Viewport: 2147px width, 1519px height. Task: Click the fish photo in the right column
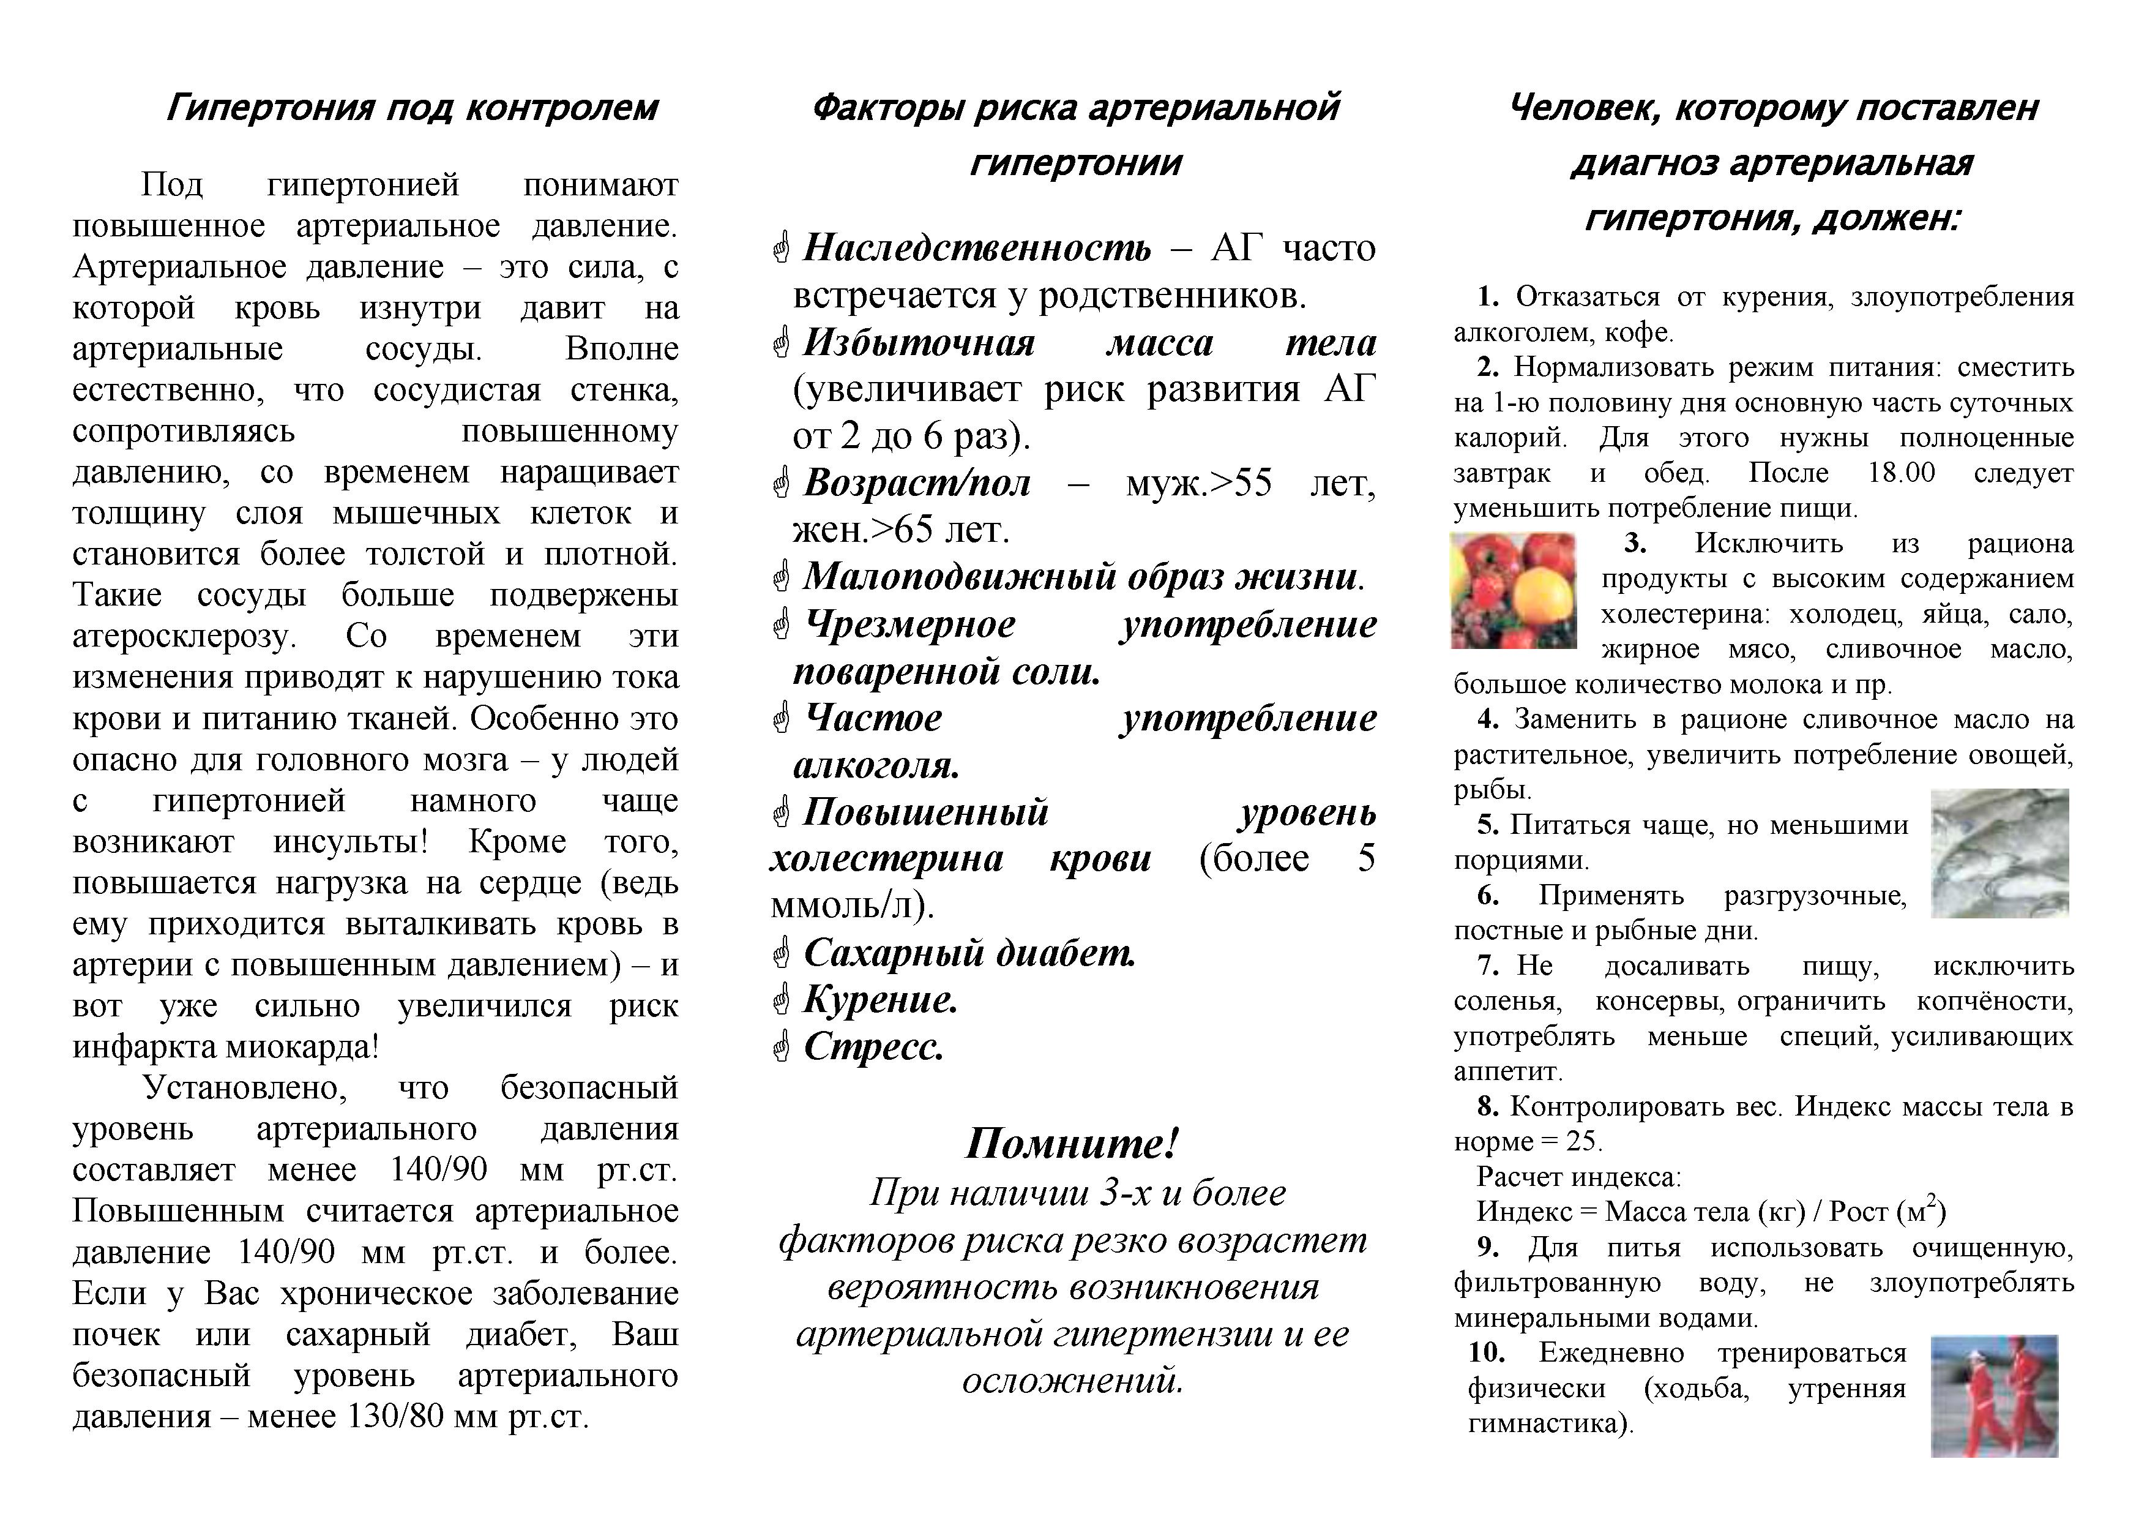(2000, 853)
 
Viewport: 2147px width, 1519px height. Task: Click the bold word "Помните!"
(1072, 1143)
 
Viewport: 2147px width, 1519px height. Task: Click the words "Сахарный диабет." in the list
(969, 953)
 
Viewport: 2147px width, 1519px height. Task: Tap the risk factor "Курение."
(881, 1000)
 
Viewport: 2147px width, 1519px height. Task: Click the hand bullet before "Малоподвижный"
(782, 578)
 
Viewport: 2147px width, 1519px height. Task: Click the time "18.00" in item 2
(1901, 472)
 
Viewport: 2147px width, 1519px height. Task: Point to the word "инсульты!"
(351, 842)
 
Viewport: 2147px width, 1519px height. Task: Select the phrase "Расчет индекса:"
(1578, 1177)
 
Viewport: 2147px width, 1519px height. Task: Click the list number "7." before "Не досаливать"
(1488, 966)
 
